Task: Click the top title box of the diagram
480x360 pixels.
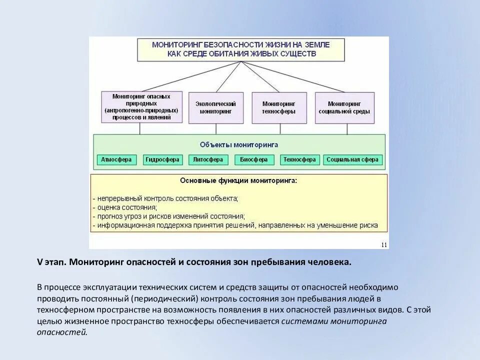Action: (x=241, y=49)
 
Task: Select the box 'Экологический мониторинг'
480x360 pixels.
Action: (x=216, y=107)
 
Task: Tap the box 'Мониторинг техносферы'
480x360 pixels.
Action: (x=279, y=107)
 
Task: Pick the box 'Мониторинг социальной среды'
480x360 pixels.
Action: (x=344, y=107)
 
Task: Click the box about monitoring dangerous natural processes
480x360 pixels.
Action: (x=142, y=107)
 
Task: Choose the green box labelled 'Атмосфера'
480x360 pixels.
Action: (x=116, y=160)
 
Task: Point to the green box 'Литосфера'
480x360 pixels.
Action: (x=207, y=160)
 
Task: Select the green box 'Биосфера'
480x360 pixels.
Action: (x=253, y=160)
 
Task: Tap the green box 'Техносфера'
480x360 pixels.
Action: (x=299, y=160)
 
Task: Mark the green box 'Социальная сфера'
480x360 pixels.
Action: (x=353, y=160)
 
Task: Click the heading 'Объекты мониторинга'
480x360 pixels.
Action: (x=238, y=144)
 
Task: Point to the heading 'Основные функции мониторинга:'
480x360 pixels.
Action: (x=238, y=180)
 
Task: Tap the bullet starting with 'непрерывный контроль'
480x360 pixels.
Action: (x=165, y=198)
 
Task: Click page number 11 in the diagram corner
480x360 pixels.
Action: (x=384, y=244)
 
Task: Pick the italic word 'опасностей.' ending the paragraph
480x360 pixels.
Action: (x=62, y=332)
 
